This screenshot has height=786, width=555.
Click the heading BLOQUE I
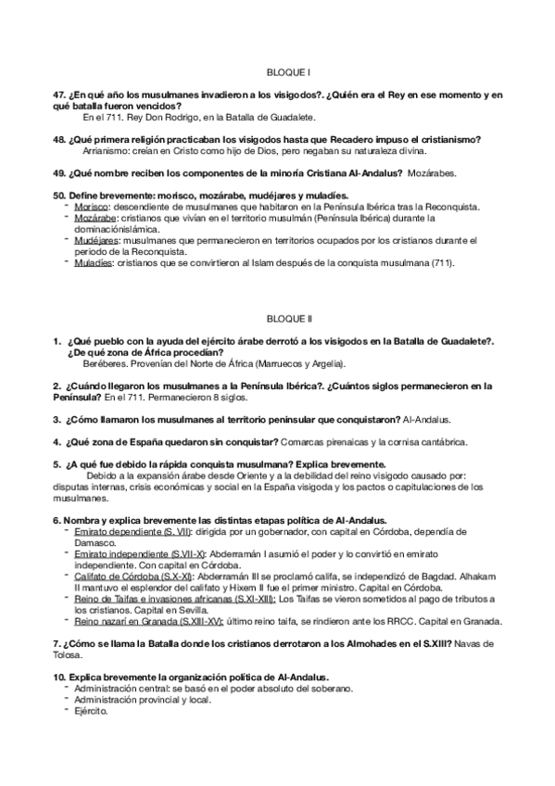tap(277, 71)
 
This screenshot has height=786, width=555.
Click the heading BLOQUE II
tap(278, 317)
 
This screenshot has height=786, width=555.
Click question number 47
tap(59, 95)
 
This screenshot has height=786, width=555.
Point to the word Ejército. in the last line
tap(92, 712)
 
